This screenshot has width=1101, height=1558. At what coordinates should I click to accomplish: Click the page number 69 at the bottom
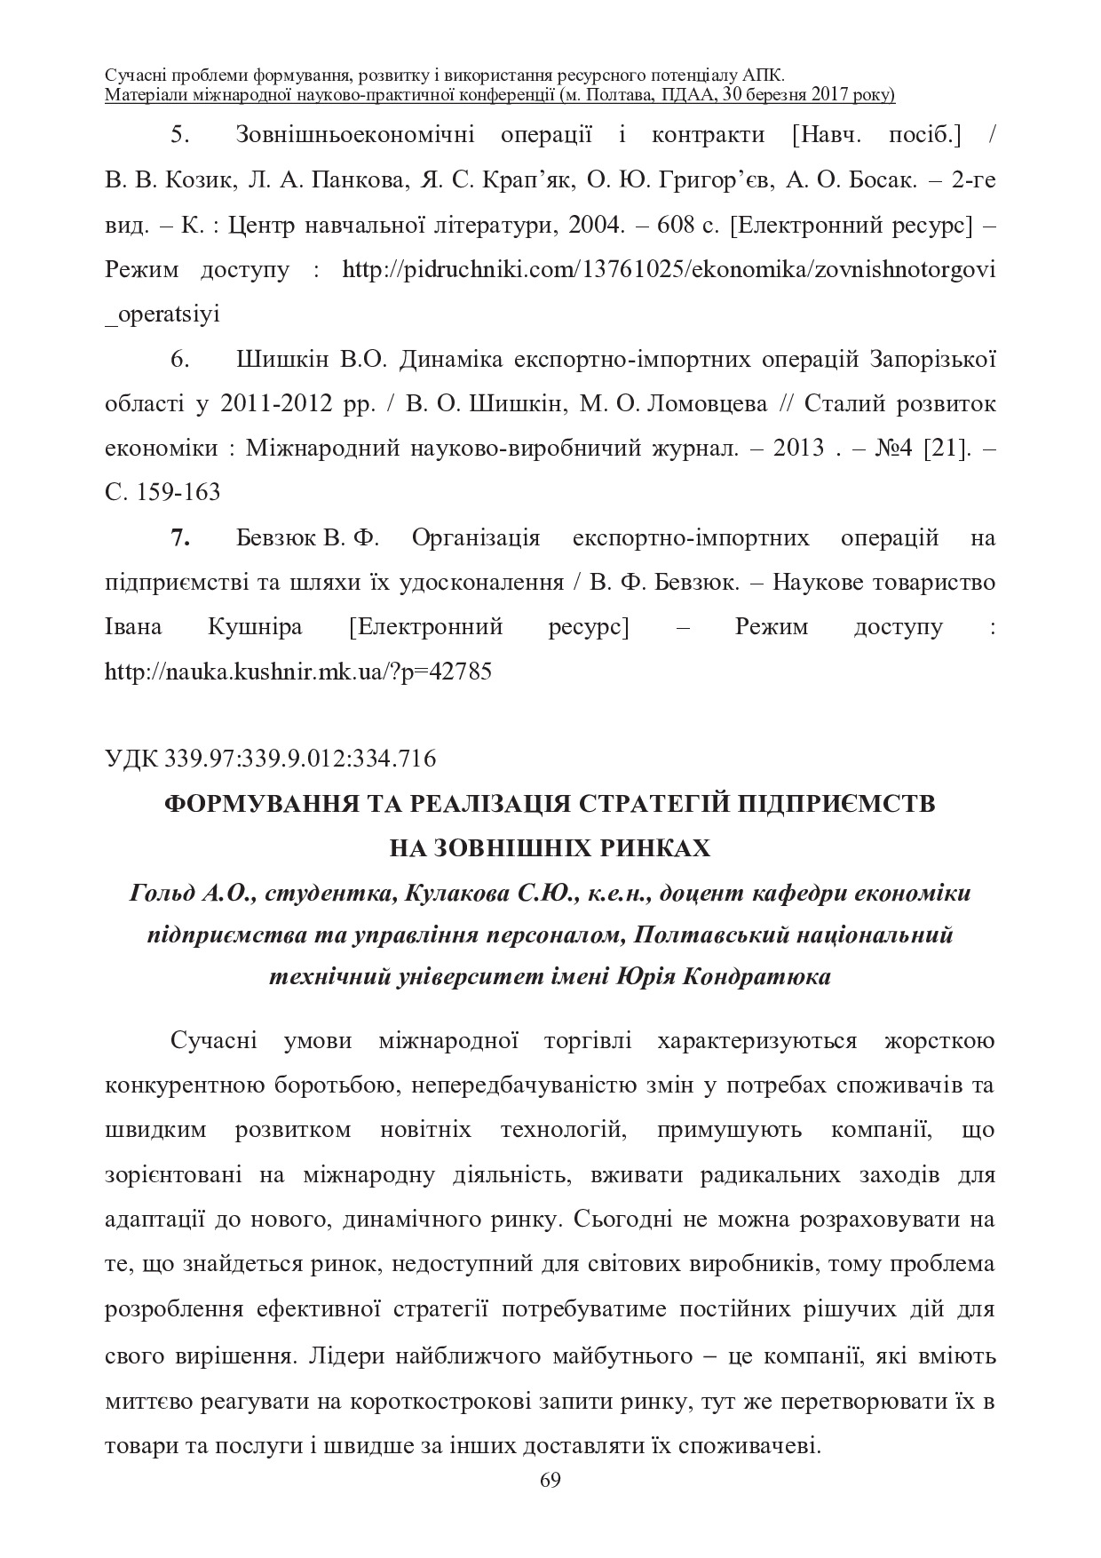point(550,1480)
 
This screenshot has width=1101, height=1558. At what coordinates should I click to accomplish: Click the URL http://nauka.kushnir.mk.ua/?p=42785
point(298,672)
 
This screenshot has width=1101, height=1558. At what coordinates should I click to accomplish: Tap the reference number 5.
point(177,135)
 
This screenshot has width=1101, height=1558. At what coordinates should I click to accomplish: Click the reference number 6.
point(178,359)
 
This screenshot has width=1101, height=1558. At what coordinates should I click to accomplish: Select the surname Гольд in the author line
point(161,893)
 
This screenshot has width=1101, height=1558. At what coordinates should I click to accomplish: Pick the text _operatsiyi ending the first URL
point(162,314)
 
